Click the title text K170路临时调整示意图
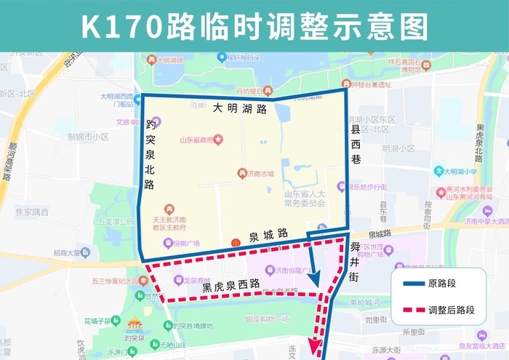click(254, 25)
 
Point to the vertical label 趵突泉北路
click(150, 154)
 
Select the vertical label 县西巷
click(356, 144)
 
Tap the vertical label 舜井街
click(355, 262)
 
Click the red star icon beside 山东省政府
click(218, 139)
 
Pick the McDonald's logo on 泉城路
click(235, 241)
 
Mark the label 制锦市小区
click(88, 137)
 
